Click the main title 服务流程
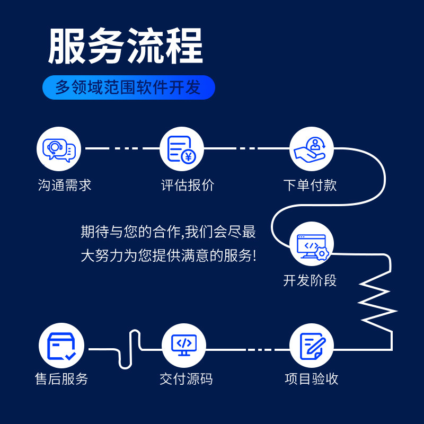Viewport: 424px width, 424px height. pos(126,47)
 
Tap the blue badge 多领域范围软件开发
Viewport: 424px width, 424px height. pos(128,87)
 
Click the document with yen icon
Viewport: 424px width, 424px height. pos(181,149)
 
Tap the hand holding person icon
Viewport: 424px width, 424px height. pos(312,149)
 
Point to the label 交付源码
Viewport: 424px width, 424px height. pos(186,379)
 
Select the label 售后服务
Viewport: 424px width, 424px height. pos(61,379)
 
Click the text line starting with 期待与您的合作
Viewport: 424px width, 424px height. pos(168,232)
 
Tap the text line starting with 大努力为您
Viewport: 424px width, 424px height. pos(168,256)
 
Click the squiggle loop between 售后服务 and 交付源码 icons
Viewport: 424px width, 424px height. pos(130,350)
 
